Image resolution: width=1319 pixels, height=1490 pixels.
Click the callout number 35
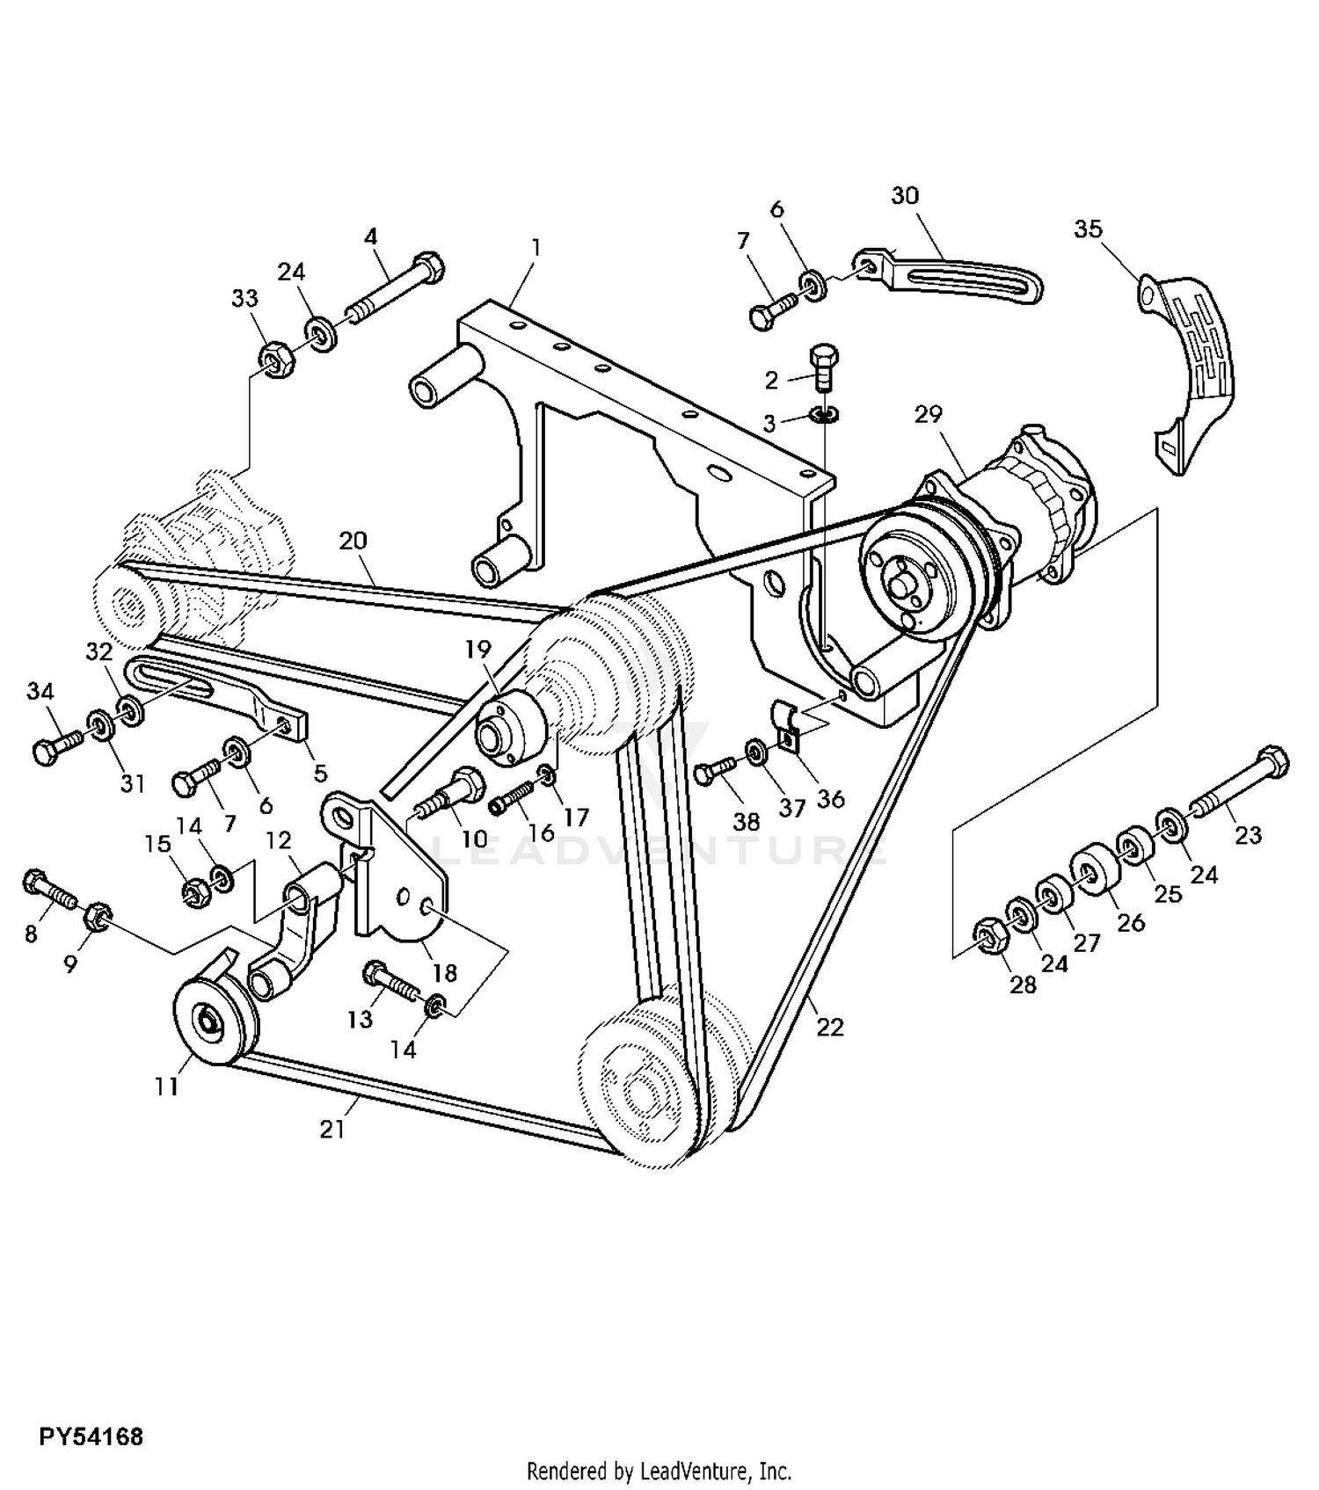[x=1088, y=229]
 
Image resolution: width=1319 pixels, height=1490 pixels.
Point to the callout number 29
[x=929, y=413]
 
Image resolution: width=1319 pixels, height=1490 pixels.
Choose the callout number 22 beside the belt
[x=829, y=1027]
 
